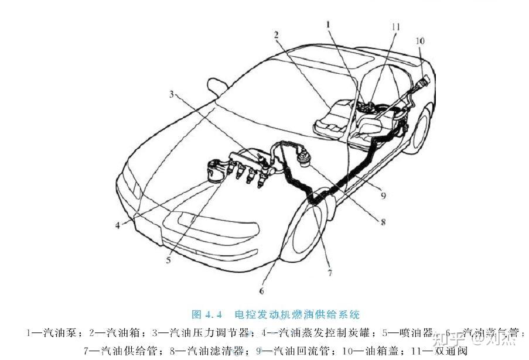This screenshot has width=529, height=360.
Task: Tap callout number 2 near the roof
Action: click(x=275, y=35)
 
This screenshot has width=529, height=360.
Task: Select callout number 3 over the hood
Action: click(x=172, y=95)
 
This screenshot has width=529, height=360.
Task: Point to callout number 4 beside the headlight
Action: click(x=117, y=225)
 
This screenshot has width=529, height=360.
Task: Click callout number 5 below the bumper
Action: click(x=168, y=260)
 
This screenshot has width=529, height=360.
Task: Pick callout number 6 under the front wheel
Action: click(x=262, y=290)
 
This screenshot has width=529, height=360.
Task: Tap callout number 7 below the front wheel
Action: click(x=330, y=272)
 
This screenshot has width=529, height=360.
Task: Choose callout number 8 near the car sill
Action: click(x=382, y=222)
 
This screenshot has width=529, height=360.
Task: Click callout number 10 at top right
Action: click(x=420, y=41)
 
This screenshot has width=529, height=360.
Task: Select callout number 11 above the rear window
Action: click(x=396, y=27)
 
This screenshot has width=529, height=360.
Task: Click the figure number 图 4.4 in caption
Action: click(x=210, y=314)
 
